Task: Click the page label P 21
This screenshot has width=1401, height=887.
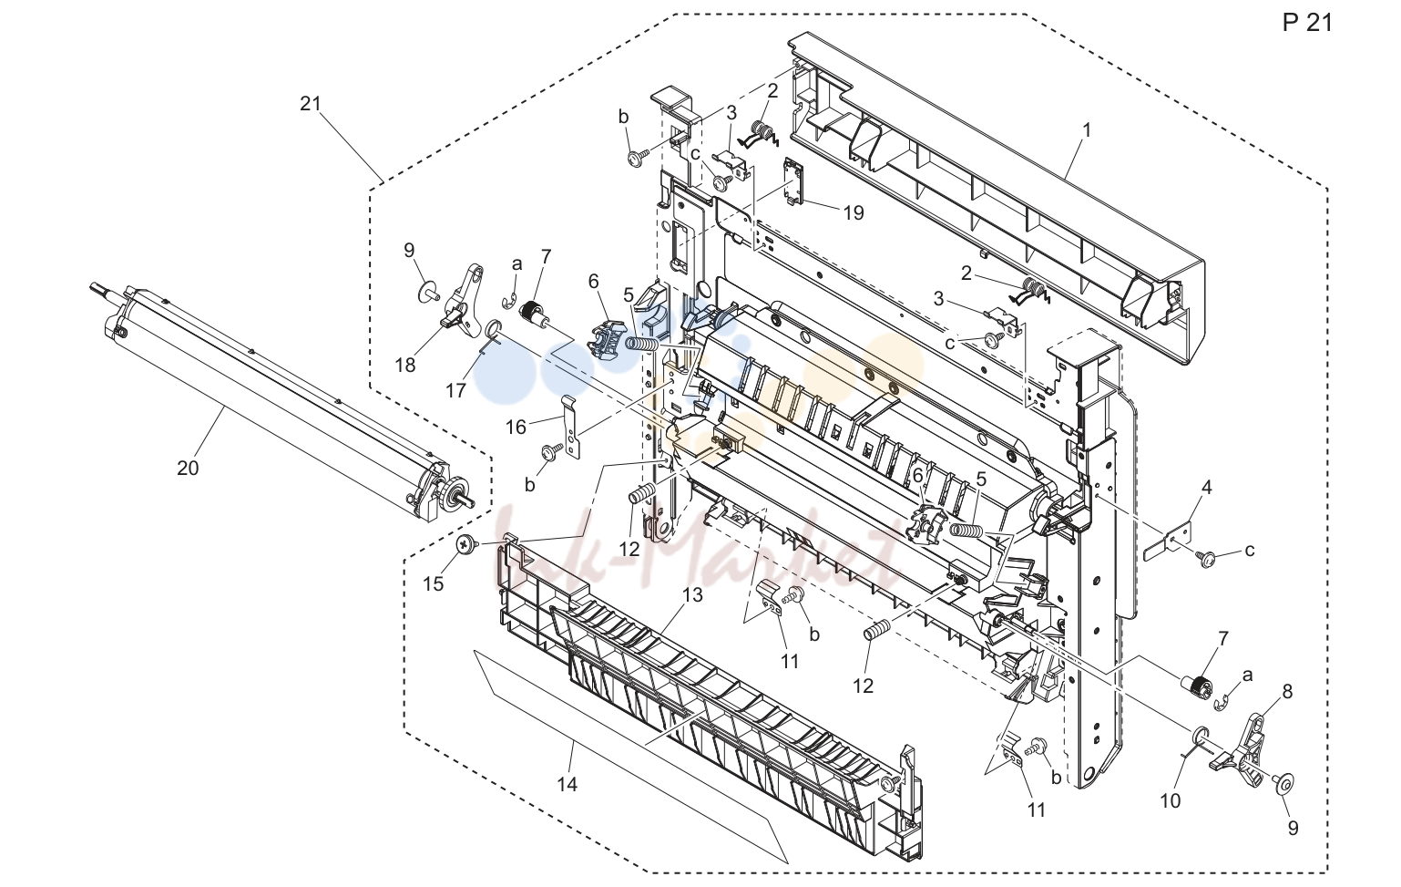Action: (1308, 23)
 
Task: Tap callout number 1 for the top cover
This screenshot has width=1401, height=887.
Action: (1087, 130)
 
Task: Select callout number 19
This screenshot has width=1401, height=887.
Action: (854, 212)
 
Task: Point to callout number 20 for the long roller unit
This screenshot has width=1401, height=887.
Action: (188, 468)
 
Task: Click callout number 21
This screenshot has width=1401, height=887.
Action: (311, 103)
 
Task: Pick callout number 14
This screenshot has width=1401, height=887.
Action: (568, 784)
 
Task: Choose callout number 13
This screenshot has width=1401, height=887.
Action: (692, 594)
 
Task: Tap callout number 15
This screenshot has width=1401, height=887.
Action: (433, 584)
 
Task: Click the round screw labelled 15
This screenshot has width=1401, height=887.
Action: (466, 545)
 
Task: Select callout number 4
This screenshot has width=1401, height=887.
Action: (1206, 487)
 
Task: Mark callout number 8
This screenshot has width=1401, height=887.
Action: (1286, 691)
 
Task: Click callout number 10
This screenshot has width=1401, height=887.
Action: (1170, 800)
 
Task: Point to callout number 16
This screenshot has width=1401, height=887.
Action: (516, 427)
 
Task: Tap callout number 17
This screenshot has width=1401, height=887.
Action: (455, 390)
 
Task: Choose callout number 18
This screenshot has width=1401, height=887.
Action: (405, 365)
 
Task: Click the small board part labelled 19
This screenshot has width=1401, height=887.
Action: (794, 180)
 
